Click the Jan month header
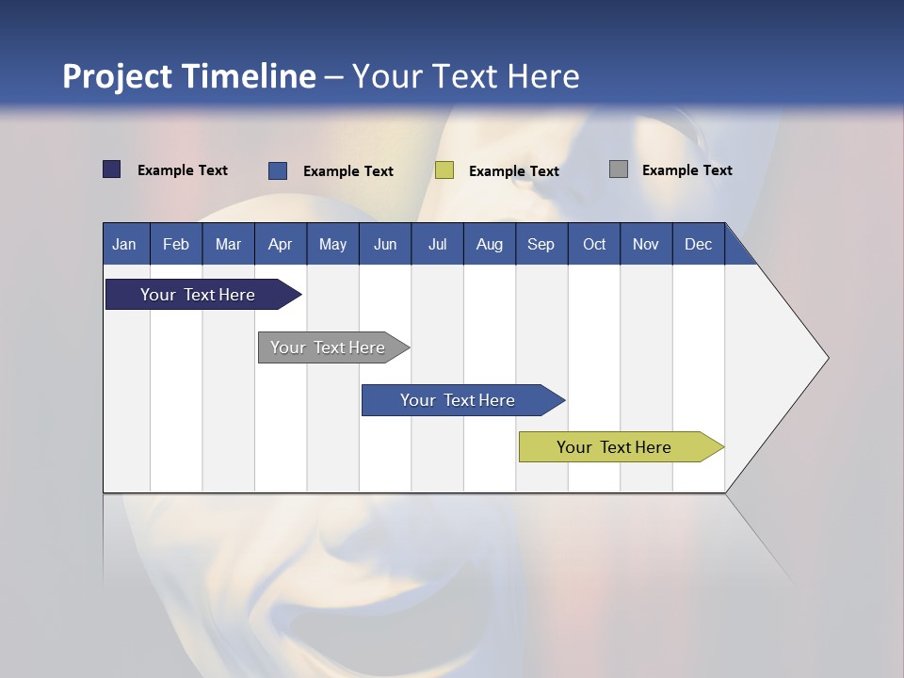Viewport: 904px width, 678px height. click(x=124, y=244)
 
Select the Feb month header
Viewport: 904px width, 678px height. click(x=176, y=244)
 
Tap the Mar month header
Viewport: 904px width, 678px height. click(x=228, y=244)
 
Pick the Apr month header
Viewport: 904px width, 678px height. click(x=281, y=244)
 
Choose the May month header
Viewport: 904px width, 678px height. click(x=332, y=244)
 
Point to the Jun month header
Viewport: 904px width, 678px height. click(x=385, y=244)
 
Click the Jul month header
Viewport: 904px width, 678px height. click(x=437, y=244)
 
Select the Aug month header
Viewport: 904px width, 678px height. click(x=490, y=244)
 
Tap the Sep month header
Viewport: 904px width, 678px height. click(x=541, y=244)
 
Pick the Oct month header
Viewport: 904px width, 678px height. click(x=594, y=244)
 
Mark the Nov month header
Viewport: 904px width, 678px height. click(x=646, y=244)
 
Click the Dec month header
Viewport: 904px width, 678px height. click(x=699, y=244)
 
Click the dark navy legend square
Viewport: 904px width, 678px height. click(x=112, y=169)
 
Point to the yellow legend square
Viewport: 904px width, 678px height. click(x=444, y=170)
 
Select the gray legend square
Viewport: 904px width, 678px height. click(x=619, y=169)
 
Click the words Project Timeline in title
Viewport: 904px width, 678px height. click(x=189, y=76)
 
